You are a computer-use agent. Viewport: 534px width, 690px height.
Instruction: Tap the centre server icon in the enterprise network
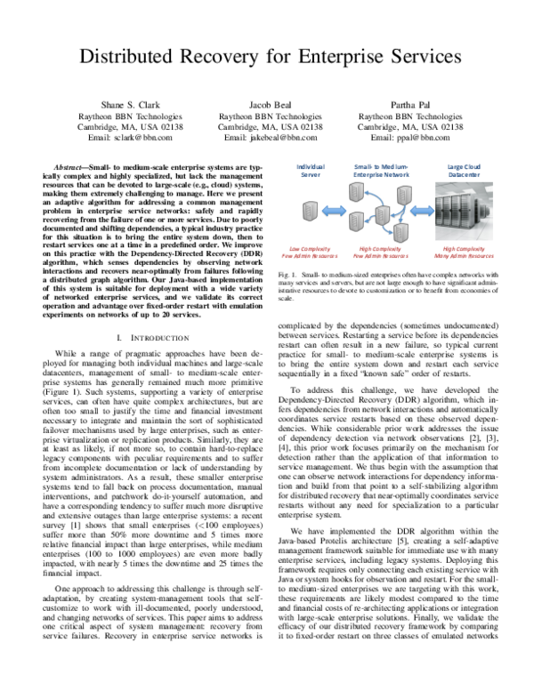381,213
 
